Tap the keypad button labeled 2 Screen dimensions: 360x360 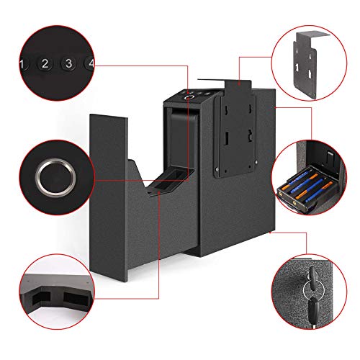[43, 64]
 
